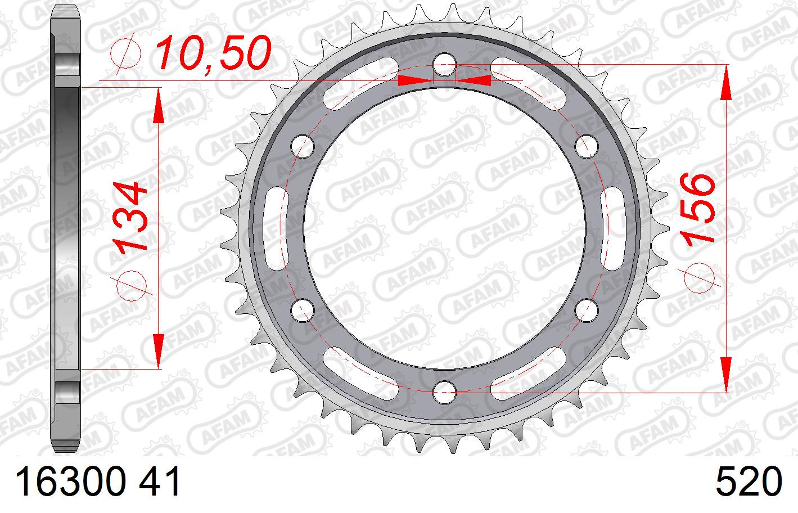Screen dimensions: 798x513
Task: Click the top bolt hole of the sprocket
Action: click(x=444, y=65)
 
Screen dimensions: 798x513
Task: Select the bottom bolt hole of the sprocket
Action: click(x=444, y=392)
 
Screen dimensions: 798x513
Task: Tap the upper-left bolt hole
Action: click(x=303, y=146)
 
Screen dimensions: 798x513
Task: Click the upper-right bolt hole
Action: click(x=587, y=146)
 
